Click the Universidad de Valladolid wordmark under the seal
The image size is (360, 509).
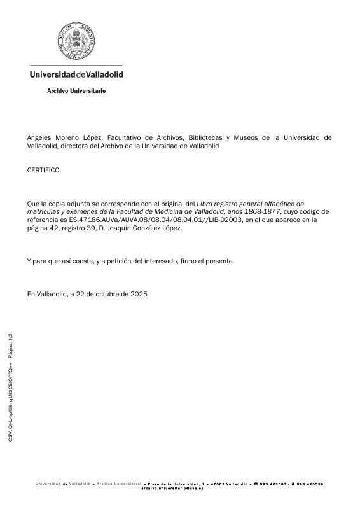tap(76, 74)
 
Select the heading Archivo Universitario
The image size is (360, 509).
tap(76, 91)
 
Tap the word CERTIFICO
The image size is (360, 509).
tap(43, 171)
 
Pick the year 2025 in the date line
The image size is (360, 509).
tap(139, 294)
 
